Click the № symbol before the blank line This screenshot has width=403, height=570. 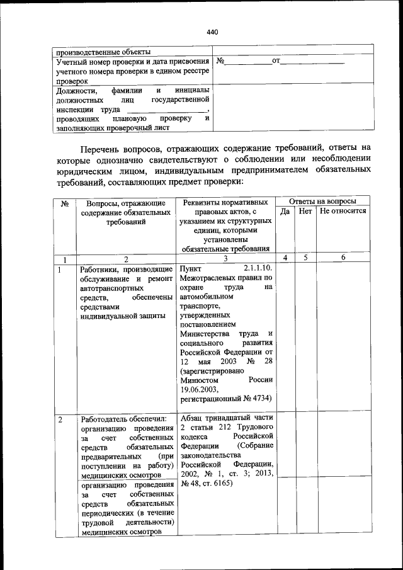click(x=220, y=62)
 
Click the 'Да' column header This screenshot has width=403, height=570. click(x=285, y=212)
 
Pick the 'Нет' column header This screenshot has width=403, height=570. click(x=305, y=212)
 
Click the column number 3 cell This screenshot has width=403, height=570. click(x=225, y=258)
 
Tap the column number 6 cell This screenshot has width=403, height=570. click(x=343, y=258)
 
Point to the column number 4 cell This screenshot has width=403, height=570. click(x=285, y=258)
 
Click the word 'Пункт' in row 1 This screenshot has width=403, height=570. click(x=191, y=270)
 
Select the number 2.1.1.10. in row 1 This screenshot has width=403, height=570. click(x=257, y=270)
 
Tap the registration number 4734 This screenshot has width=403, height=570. click(x=261, y=399)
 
